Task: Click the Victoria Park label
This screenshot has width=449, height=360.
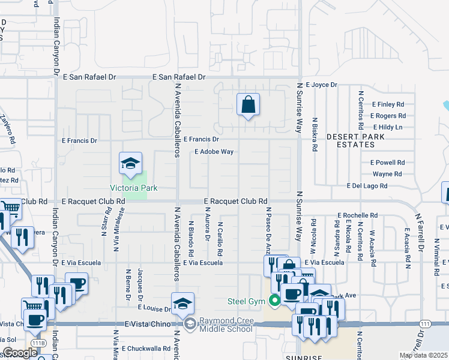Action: pyautogui.click(x=133, y=188)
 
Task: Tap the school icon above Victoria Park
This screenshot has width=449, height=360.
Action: pyautogui.click(x=130, y=163)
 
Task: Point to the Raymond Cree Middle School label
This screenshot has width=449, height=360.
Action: pyautogui.click(x=225, y=325)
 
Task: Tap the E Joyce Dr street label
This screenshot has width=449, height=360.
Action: pyautogui.click(x=322, y=85)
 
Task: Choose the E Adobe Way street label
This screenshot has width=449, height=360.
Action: pyautogui.click(x=214, y=152)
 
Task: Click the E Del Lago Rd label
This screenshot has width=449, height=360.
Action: pyautogui.click(x=367, y=186)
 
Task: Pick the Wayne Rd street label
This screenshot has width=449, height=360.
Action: pyautogui.click(x=387, y=174)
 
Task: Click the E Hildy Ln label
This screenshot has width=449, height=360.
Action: pyautogui.click(x=388, y=127)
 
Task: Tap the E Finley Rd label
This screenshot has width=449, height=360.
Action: pyautogui.click(x=388, y=104)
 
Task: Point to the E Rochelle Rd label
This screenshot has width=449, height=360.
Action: pyautogui.click(x=358, y=215)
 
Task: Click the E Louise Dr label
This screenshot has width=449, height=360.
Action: pyautogui.click(x=155, y=308)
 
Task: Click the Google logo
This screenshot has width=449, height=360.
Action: pyautogui.click(x=20, y=353)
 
